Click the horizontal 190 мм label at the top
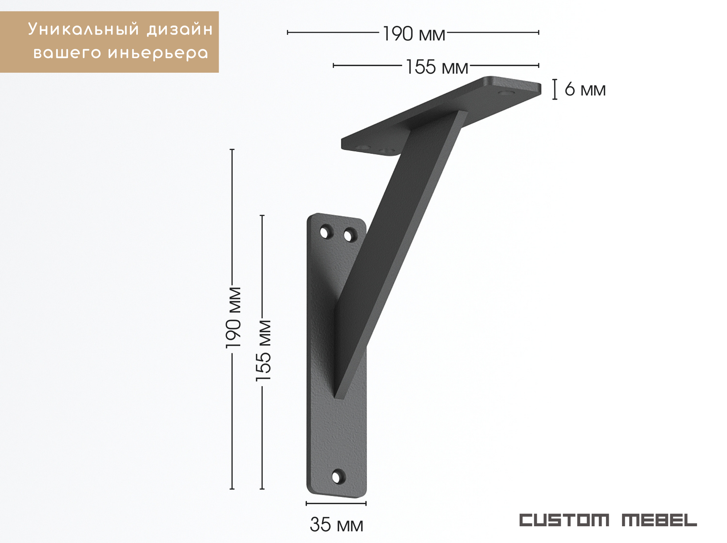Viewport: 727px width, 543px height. point(414,34)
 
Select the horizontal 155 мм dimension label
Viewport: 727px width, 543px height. point(437,67)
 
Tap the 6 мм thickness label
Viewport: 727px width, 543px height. point(585,89)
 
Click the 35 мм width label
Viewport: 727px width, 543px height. point(336,525)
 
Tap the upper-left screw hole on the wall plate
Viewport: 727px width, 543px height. point(326,232)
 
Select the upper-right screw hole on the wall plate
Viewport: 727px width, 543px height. point(350,235)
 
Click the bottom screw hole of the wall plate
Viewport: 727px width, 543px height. point(339,476)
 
